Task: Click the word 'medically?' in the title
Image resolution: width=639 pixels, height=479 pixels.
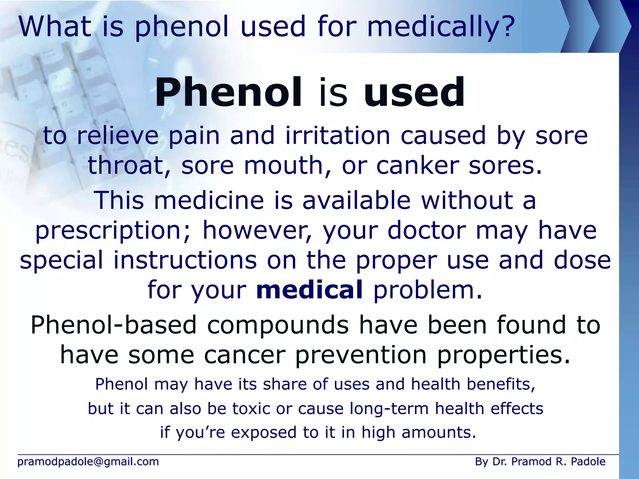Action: click(441, 27)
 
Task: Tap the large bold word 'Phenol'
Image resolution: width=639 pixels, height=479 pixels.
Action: click(228, 93)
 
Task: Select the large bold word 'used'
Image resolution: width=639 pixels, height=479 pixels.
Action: click(414, 93)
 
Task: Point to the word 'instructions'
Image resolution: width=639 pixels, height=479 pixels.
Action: click(185, 260)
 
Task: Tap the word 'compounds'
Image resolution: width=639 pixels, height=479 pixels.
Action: click(278, 325)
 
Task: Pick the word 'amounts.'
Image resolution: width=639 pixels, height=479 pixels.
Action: click(439, 433)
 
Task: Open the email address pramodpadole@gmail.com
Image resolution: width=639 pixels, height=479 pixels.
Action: click(88, 462)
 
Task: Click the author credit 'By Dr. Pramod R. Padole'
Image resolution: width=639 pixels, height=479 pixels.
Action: click(540, 462)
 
